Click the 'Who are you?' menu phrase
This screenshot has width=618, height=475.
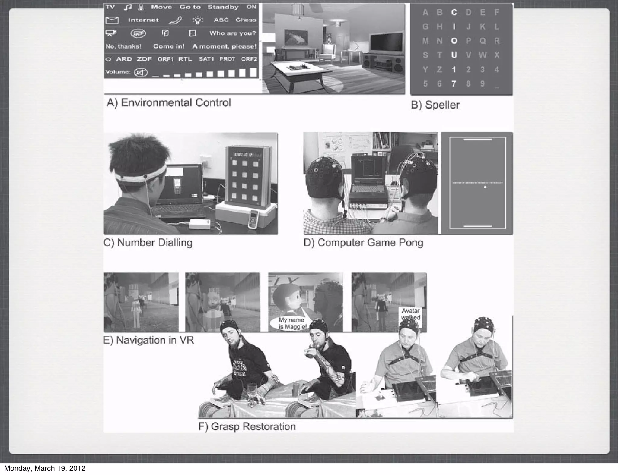coord(233,33)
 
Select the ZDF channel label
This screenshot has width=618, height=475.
coord(144,59)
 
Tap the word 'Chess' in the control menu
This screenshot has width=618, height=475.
coord(246,20)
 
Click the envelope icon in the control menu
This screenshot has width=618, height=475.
coord(112,20)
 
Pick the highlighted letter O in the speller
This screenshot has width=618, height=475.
coord(454,41)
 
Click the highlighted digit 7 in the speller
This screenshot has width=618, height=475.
coord(454,84)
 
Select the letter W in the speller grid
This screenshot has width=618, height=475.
coord(482,55)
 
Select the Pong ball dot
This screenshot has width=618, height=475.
coord(485,187)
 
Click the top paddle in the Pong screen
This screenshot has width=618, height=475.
coord(477,140)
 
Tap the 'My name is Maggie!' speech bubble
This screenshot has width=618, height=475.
coord(291,323)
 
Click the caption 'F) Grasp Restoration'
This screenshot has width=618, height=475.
coord(247,426)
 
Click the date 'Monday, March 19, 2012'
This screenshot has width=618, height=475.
coord(45,468)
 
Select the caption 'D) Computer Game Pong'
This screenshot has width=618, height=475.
coord(363,243)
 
